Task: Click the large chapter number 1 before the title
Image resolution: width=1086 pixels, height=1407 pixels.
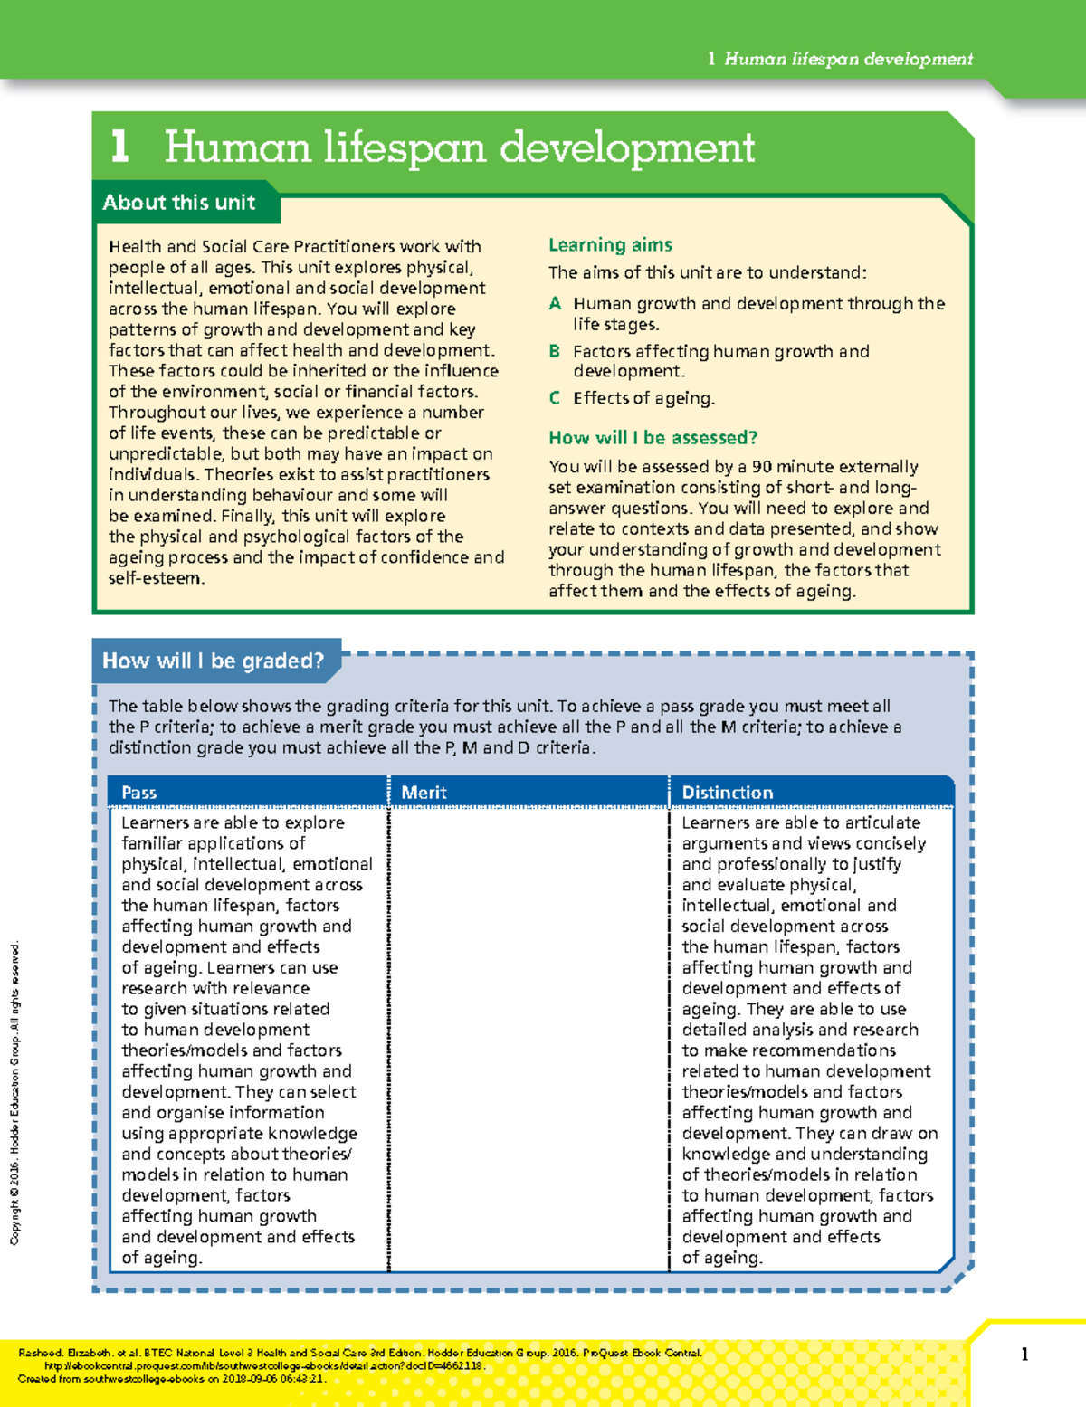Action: pyautogui.click(x=119, y=147)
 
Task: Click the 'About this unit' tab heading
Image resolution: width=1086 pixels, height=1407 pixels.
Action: pyautogui.click(x=178, y=203)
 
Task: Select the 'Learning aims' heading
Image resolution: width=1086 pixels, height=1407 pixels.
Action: pyautogui.click(x=610, y=245)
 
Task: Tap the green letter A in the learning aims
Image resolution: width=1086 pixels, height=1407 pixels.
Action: pyautogui.click(x=555, y=304)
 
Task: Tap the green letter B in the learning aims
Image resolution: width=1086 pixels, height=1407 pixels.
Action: pyautogui.click(x=555, y=351)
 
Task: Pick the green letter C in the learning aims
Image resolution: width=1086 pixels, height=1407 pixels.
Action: pyautogui.click(x=555, y=398)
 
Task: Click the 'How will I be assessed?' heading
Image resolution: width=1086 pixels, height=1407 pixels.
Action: pyautogui.click(x=653, y=438)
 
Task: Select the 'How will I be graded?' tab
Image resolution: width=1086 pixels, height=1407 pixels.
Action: pyautogui.click(x=213, y=661)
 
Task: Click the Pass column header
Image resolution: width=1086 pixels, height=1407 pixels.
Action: pyautogui.click(x=139, y=793)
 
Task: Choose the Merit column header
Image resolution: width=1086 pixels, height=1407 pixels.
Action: pyautogui.click(x=424, y=793)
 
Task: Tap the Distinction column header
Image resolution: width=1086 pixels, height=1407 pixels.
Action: pyautogui.click(x=727, y=793)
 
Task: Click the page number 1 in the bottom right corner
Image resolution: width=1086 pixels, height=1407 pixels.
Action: pyautogui.click(x=1024, y=1355)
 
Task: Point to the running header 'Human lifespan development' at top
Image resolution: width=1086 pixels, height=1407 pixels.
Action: pyautogui.click(x=848, y=60)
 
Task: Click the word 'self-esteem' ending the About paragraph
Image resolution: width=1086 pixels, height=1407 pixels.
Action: pyautogui.click(x=155, y=578)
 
